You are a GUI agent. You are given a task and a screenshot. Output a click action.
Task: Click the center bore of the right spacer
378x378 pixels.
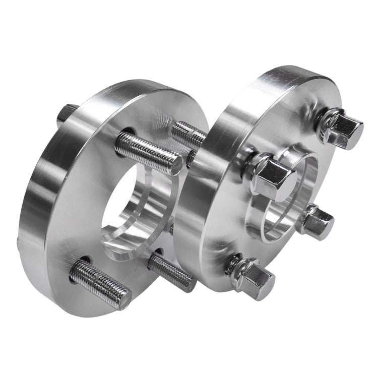click(282, 202)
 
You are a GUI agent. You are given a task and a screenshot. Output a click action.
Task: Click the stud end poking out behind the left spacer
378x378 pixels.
click(66, 113)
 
